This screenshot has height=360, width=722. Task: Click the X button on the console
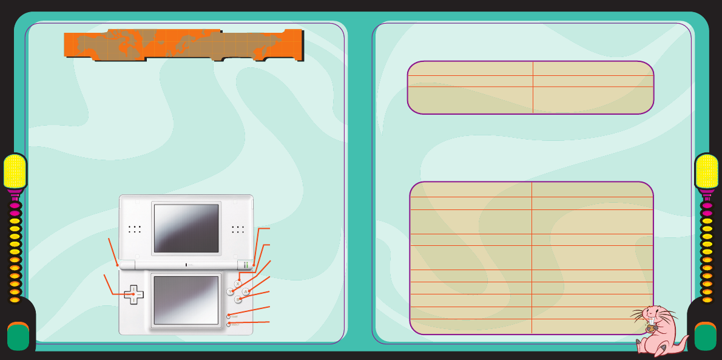coord(238,284)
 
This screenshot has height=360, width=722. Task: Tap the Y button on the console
coord(230,292)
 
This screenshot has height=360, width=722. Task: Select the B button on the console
coord(238,300)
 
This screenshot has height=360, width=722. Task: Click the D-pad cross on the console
coord(133,294)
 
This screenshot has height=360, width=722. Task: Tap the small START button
coord(229,316)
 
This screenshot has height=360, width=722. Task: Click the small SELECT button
coord(229,324)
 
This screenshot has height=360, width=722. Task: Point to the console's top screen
coord(186,228)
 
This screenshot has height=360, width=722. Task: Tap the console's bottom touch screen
coord(186,300)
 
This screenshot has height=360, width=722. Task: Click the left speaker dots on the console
coord(135,229)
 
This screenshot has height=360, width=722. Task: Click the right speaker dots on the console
coord(238,229)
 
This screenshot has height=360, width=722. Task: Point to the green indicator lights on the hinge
coord(246,265)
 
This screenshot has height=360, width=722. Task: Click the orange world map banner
coord(183,45)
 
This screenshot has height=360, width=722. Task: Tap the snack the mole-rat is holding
coord(650,328)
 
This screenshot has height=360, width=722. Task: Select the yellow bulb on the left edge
coord(15,171)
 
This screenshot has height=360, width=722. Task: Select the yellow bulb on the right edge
coord(707,171)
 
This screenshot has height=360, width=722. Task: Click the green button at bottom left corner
coord(18,337)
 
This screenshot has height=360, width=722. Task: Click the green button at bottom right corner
coord(705,337)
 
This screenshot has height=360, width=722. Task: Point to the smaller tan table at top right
coord(530,87)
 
